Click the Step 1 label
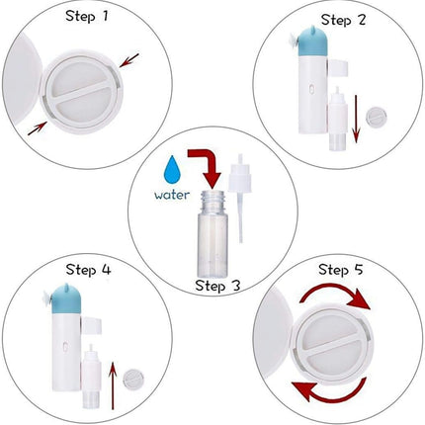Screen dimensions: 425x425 [87, 16]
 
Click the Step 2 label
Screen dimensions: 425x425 [343, 20]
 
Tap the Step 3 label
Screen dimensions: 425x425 [217, 286]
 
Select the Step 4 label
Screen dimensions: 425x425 [88, 270]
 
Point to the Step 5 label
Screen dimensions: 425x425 [341, 270]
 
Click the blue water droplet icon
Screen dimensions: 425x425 [173, 170]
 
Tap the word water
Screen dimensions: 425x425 [172, 195]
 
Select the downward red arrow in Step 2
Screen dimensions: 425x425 [356, 119]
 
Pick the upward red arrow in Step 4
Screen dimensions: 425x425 [113, 385]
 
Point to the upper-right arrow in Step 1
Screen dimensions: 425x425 [129, 60]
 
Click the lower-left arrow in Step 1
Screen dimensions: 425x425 [38, 128]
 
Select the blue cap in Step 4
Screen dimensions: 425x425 [67, 299]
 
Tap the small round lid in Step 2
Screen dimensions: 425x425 [377, 117]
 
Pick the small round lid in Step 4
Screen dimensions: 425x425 [133, 380]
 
